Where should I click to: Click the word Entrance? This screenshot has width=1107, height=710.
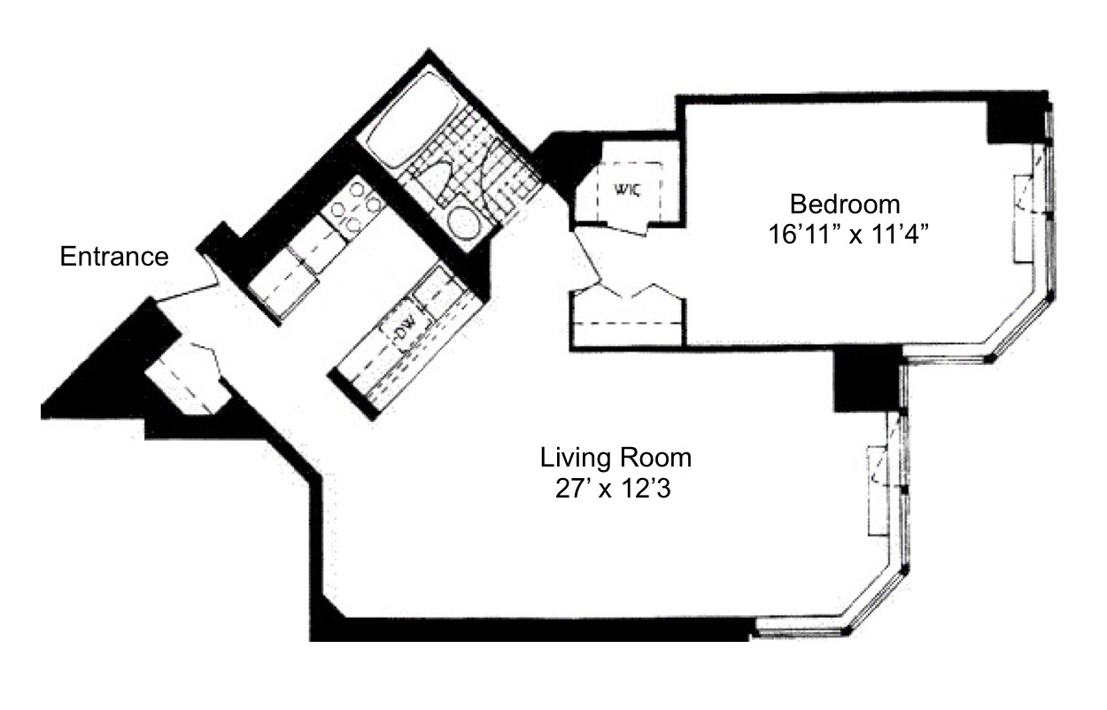(x=113, y=257)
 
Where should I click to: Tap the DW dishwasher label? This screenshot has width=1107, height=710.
(x=406, y=335)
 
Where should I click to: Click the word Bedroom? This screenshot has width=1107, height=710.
(x=845, y=205)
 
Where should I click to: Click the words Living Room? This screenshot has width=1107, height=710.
(x=615, y=459)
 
